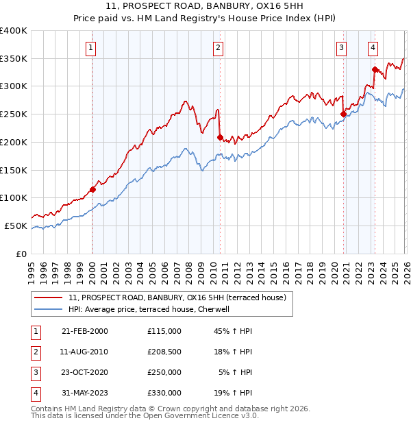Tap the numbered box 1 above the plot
click(92, 47)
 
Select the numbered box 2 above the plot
click(218, 47)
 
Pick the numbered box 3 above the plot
click(341, 47)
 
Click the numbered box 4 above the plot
click(373, 47)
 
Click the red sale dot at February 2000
click(92, 190)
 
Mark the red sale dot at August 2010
click(220, 137)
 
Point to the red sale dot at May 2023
click(375, 69)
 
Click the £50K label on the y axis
click(16, 226)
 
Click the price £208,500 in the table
click(164, 351)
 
